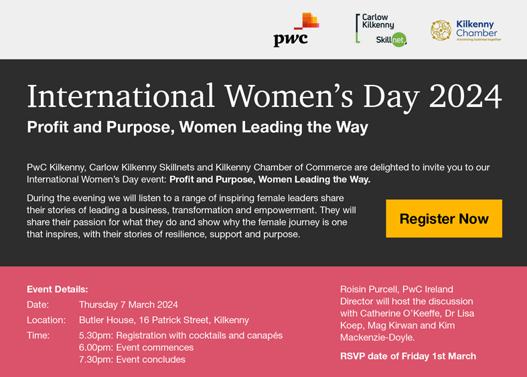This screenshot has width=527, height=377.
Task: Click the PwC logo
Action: tap(296, 29)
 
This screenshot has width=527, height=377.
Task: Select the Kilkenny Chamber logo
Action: tap(466, 30)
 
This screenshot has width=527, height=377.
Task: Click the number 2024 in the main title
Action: tap(465, 96)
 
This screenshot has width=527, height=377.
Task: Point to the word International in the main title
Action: tap(121, 96)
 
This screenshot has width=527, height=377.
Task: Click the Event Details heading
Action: tap(58, 289)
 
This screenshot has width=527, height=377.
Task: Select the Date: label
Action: tap(38, 305)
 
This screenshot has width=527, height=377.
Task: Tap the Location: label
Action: tap(46, 320)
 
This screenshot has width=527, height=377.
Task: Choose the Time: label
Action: tap(38, 336)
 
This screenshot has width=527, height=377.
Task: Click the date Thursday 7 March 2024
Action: tap(129, 305)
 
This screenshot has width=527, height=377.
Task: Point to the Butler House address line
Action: tap(164, 320)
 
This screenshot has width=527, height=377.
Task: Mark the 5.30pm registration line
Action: tap(181, 336)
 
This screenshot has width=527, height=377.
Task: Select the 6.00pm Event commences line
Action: tap(136, 348)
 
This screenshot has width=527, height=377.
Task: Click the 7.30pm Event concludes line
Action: tap(132, 360)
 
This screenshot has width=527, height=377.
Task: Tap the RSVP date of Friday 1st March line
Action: tap(408, 356)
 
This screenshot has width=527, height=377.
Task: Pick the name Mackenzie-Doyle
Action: tap(377, 338)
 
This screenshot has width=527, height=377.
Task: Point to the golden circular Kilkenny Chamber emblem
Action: tap(441, 30)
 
